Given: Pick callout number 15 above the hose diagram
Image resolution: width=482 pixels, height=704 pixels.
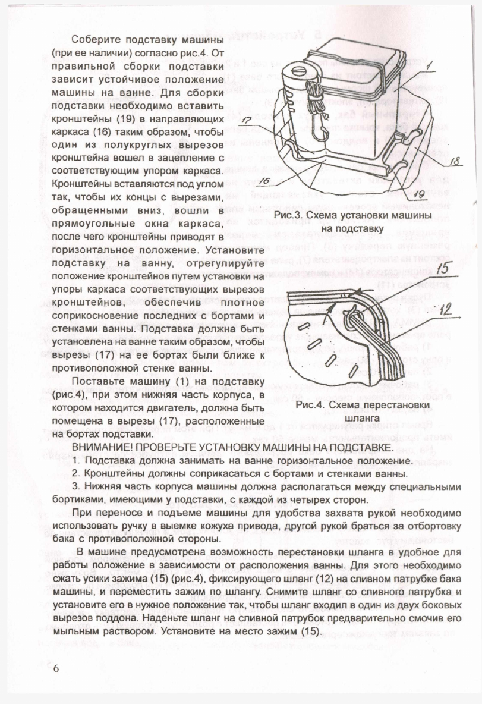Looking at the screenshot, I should (442, 269).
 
